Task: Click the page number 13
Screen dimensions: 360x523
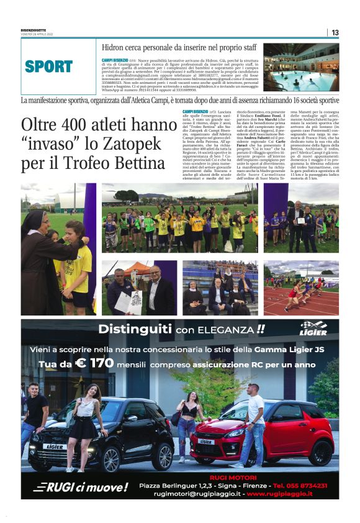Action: pos(335,32)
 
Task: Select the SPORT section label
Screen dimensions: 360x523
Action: pos(49,66)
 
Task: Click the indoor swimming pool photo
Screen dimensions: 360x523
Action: pos(301,67)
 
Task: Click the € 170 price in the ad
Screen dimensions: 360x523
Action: pos(94,363)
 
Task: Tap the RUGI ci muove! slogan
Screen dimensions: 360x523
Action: pos(80,487)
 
